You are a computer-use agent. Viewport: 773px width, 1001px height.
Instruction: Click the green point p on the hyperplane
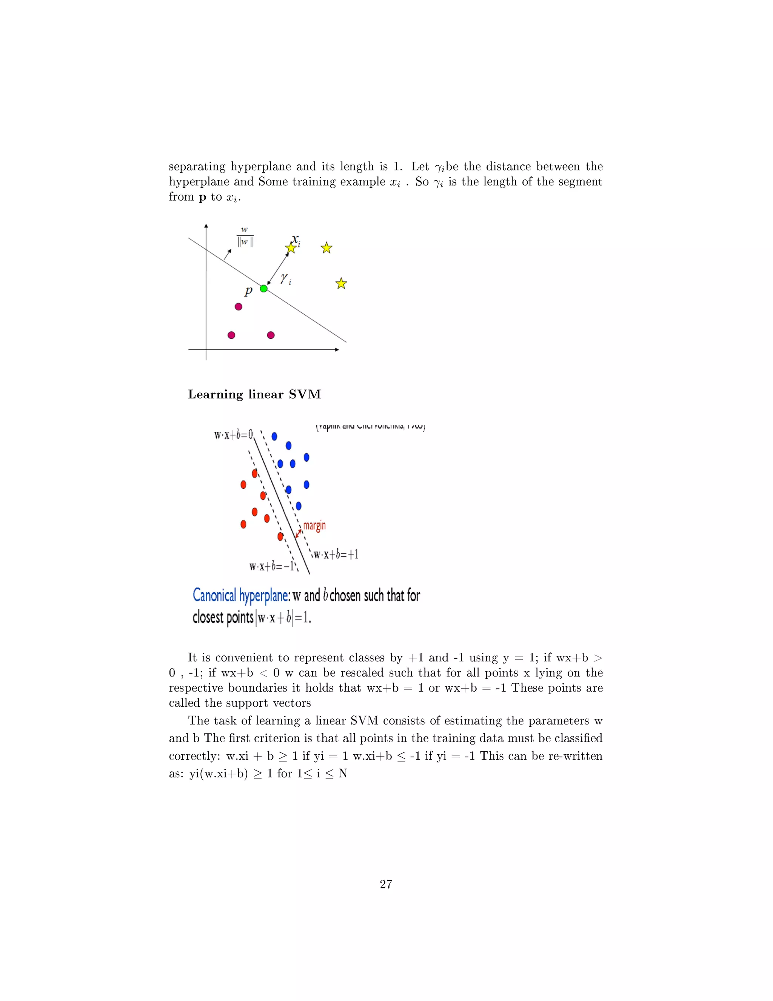click(263, 288)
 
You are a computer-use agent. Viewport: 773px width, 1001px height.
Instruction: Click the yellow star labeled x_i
click(291, 248)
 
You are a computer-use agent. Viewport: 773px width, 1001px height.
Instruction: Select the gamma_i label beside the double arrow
click(286, 278)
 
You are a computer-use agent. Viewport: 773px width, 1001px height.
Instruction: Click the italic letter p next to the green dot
click(249, 290)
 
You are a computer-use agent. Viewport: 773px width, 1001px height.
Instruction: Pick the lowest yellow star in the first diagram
click(341, 284)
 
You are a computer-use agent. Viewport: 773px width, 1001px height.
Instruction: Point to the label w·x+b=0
click(234, 434)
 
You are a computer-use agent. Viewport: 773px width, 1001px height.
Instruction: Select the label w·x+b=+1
click(336, 555)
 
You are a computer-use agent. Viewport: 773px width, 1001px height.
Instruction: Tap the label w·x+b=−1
click(271, 566)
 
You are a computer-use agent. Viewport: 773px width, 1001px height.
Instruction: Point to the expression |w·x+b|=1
click(283, 618)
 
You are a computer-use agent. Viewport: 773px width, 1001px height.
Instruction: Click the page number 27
click(386, 884)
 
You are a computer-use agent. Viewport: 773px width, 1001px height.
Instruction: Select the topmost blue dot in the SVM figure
click(274, 436)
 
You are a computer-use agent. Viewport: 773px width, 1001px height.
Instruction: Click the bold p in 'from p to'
click(202, 198)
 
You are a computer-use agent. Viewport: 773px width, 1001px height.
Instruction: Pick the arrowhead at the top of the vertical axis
click(206, 226)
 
